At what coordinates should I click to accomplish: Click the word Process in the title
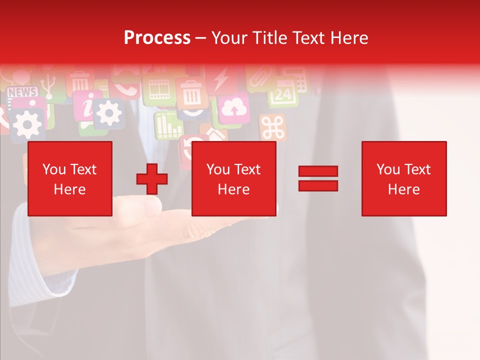pyautogui.click(x=157, y=38)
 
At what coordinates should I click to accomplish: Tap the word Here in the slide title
pyautogui.click(x=348, y=38)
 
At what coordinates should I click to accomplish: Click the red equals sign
pyautogui.click(x=318, y=178)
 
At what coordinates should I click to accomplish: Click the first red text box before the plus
pyautogui.click(x=70, y=178)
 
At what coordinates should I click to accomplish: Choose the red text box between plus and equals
pyautogui.click(x=233, y=178)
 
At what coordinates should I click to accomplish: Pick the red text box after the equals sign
pyautogui.click(x=403, y=178)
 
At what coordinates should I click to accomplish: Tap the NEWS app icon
pyautogui.click(x=22, y=92)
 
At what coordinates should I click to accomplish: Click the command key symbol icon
pyautogui.click(x=272, y=128)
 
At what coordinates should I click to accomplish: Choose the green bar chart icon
pyautogui.click(x=168, y=125)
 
